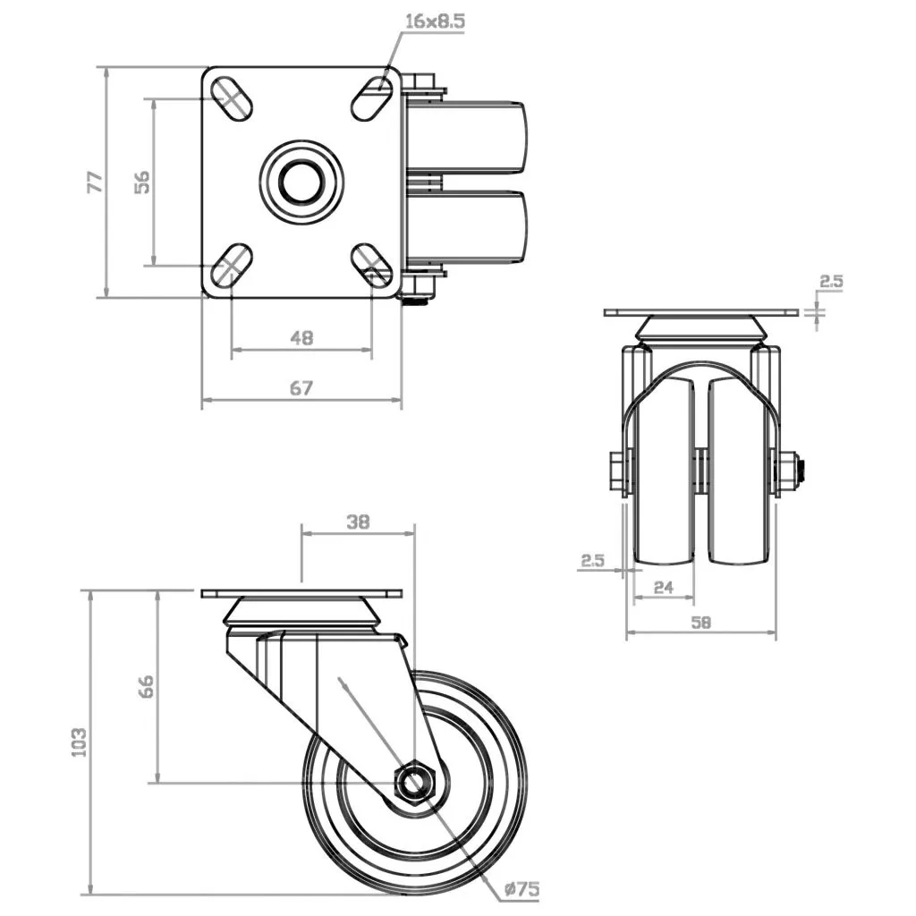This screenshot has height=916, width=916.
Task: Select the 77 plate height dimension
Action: pyautogui.click(x=94, y=182)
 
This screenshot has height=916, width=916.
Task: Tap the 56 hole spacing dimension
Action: pyautogui.click(x=141, y=182)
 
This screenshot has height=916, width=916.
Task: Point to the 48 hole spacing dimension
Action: pyautogui.click(x=301, y=338)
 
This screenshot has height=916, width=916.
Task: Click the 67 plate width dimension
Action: pyautogui.click(x=301, y=387)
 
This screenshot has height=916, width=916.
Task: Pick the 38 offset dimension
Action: pyautogui.click(x=358, y=522)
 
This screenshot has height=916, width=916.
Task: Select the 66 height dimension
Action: pyautogui.click(x=146, y=686)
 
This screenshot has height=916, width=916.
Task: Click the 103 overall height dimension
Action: pyautogui.click(x=79, y=742)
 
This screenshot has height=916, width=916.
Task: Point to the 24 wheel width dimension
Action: pyautogui.click(x=663, y=587)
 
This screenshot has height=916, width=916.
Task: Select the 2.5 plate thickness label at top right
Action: pyautogui.click(x=831, y=282)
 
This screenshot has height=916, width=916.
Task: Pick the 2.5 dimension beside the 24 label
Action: pyautogui.click(x=592, y=561)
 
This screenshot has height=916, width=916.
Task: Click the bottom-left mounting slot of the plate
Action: pyautogui.click(x=232, y=266)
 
